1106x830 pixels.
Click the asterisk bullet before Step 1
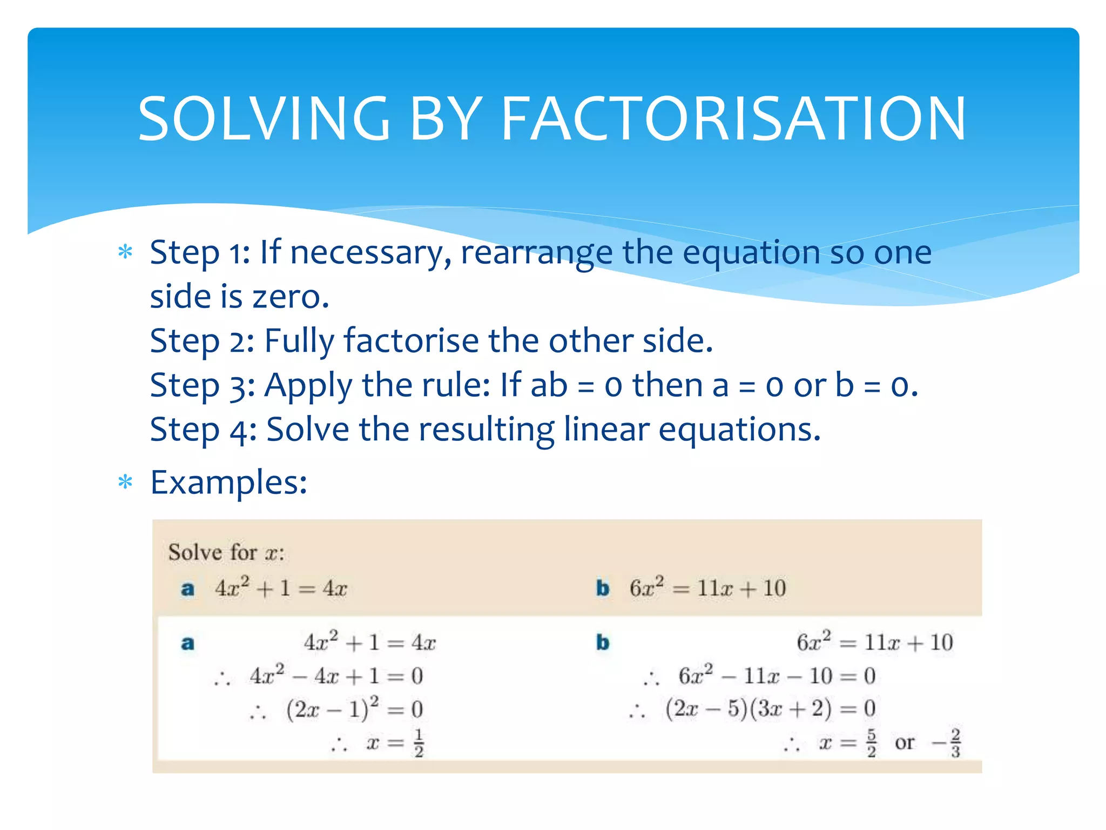pyautogui.click(x=125, y=252)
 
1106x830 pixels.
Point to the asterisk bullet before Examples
pyautogui.click(x=125, y=481)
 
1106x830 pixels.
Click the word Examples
pyautogui.click(x=228, y=483)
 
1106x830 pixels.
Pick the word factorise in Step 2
pyautogui.click(x=411, y=341)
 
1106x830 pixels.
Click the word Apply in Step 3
pyautogui.click(x=308, y=386)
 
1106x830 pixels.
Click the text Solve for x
pyautogui.click(x=226, y=552)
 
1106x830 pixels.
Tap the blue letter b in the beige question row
pyautogui.click(x=603, y=588)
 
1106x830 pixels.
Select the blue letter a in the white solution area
pyautogui.click(x=187, y=643)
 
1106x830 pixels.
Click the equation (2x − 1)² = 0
pyautogui.click(x=354, y=709)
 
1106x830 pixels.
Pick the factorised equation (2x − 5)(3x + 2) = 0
pyautogui.click(x=770, y=708)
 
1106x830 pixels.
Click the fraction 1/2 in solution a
pyautogui.click(x=419, y=743)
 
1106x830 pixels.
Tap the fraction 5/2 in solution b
pyautogui.click(x=871, y=743)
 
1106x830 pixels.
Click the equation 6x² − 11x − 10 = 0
pyautogui.click(x=777, y=676)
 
